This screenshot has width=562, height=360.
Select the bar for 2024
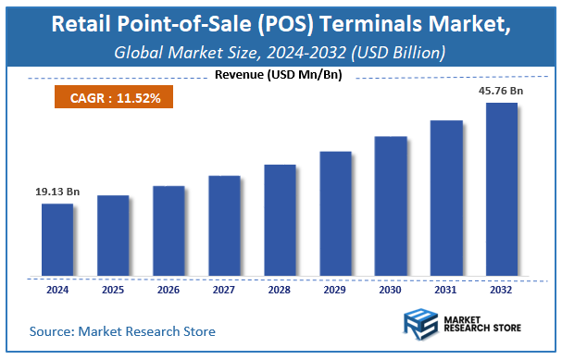57,240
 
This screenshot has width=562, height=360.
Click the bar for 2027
224,226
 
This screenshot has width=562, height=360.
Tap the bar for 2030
391,206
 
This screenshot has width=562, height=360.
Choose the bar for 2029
335,214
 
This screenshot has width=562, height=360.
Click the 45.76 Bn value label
502,91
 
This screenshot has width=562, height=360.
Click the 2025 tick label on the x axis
113,290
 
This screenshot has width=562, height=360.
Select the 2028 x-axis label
280,290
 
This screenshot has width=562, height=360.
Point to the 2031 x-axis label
446,290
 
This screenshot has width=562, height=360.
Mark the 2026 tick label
169,290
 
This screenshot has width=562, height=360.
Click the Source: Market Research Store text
122,330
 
